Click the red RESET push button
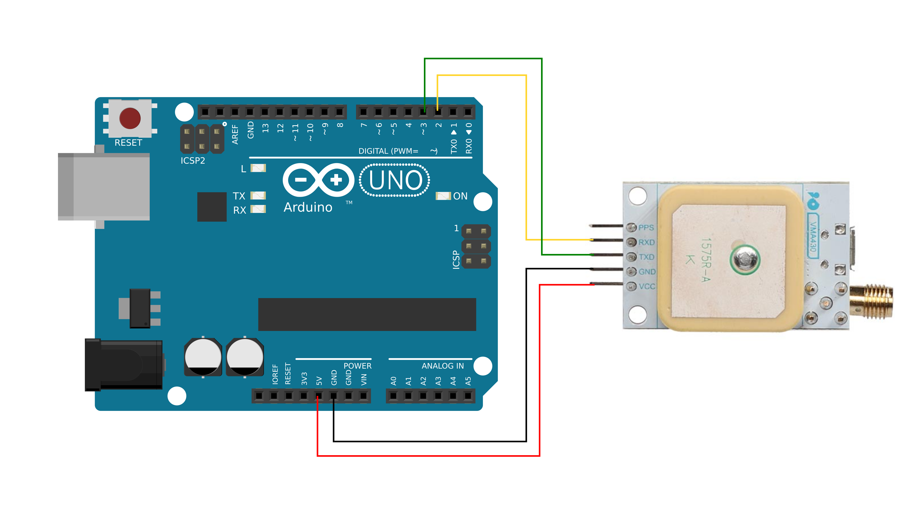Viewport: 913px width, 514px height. tap(130, 118)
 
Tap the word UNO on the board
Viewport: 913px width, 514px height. tap(395, 180)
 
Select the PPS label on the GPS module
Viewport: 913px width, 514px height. tap(646, 227)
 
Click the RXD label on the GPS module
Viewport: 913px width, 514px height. tap(646, 242)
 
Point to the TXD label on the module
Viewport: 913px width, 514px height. tap(646, 257)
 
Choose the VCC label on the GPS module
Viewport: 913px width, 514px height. tap(647, 286)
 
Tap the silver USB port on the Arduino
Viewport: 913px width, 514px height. tap(103, 187)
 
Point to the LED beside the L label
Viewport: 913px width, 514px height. tap(258, 168)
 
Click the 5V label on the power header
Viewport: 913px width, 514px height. tap(319, 381)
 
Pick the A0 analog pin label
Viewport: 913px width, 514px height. tap(393, 381)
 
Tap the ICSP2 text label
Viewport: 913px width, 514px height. tap(193, 161)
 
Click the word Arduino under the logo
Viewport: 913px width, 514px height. tap(308, 207)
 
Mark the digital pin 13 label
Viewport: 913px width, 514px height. tap(265, 128)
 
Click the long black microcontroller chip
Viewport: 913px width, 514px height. tap(367, 314)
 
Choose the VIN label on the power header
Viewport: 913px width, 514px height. tap(364, 380)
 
